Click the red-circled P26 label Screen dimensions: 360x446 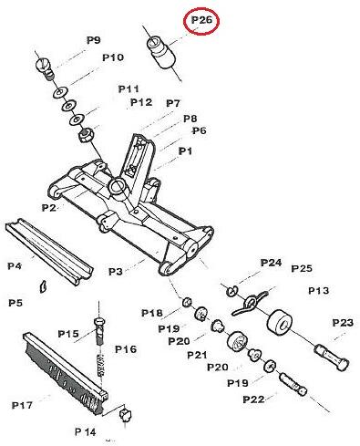201,21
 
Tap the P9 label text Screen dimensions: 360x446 94,40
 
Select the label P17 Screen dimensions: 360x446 22,405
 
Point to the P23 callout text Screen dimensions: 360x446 343,323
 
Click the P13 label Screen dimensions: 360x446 319,291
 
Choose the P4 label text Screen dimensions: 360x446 15,266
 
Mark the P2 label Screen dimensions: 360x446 49,208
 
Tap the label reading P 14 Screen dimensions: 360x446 86,431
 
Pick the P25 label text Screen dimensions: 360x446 302,268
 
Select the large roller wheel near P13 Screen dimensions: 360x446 280,323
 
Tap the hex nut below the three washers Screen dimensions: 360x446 87,135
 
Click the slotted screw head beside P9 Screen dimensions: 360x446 46,69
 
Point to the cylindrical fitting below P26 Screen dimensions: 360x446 161,52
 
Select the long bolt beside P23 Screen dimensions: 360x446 332,357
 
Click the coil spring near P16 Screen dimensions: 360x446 101,365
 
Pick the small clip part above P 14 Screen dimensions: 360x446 126,414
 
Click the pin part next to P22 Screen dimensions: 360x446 293,384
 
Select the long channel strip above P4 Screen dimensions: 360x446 49,252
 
